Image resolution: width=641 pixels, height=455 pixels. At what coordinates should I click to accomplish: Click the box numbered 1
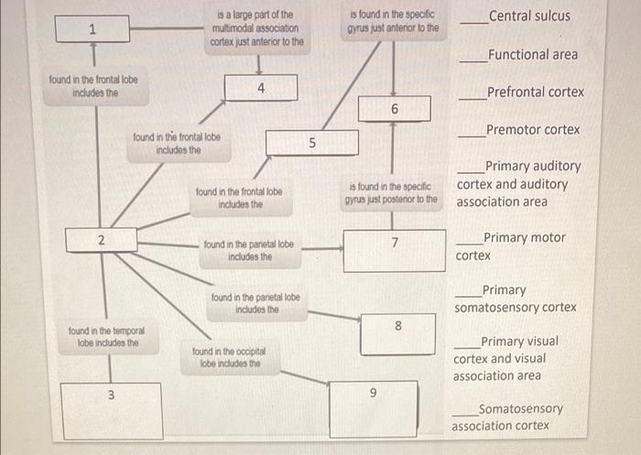[x=92, y=29]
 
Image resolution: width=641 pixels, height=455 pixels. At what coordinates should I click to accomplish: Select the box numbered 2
[x=101, y=240]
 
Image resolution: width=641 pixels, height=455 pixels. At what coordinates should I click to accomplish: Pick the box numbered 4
[x=261, y=88]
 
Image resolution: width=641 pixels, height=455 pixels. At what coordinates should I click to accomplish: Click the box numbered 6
[x=394, y=109]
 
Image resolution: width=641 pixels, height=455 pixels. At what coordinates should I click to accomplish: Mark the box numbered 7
[x=394, y=249]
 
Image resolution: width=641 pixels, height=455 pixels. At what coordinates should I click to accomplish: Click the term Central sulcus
[x=528, y=16]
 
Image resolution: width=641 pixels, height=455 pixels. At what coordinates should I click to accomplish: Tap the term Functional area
[x=532, y=54]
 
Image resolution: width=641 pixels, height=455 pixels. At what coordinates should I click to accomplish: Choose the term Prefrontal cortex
[x=535, y=92]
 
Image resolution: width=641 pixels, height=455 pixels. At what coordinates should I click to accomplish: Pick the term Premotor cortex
[x=533, y=129]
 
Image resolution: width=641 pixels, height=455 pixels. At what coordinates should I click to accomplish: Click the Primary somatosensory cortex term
[x=515, y=298]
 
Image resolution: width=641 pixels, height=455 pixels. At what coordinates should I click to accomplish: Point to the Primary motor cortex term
[x=513, y=246]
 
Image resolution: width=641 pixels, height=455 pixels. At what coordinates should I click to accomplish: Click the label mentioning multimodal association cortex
[x=256, y=28]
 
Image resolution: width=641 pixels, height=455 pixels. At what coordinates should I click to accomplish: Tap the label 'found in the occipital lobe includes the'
[x=225, y=357]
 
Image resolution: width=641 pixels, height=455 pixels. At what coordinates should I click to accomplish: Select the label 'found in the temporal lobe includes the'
[x=106, y=336]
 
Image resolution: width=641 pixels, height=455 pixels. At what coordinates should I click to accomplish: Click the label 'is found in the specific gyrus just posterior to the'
[x=391, y=193]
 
